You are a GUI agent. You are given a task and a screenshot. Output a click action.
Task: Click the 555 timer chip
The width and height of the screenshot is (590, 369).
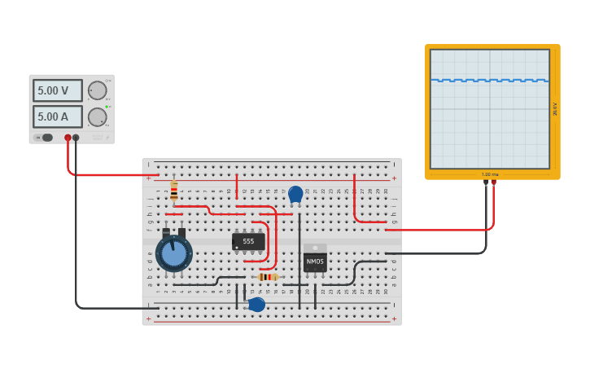248,241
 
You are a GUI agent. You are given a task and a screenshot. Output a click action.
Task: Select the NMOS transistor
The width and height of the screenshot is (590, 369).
315,262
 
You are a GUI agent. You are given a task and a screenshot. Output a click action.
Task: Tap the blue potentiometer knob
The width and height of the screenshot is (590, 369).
174,254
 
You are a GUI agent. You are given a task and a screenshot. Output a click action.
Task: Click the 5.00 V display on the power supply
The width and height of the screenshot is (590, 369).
58,90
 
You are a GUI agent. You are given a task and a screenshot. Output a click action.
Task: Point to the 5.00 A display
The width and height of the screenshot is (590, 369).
58,116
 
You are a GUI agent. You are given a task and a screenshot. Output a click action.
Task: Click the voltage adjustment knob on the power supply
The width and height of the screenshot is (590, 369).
97,90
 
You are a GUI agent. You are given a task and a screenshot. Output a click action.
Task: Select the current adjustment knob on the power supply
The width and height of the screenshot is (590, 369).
97,116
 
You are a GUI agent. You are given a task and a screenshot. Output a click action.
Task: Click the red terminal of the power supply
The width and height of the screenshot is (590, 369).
68,138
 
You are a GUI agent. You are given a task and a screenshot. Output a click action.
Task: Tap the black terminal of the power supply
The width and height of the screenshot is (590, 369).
76,138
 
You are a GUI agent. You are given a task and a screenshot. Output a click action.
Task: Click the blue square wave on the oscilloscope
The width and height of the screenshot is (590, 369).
489,81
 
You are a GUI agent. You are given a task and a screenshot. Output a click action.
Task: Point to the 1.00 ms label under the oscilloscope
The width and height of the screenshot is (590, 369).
490,174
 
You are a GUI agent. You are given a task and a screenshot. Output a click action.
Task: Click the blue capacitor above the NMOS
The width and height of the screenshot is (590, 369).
295,194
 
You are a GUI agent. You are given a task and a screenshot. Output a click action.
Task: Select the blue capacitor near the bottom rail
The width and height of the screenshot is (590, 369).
257,305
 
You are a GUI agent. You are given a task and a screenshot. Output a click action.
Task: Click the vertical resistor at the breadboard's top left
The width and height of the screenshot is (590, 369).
173,191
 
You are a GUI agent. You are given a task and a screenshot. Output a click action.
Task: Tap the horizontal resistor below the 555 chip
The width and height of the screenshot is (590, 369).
267,277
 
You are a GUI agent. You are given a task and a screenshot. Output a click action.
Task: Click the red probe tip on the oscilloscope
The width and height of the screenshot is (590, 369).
493,182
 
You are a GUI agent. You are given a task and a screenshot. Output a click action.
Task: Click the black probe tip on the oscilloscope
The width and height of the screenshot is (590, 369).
486,182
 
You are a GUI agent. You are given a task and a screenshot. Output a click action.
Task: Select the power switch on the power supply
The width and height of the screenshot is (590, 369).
47,138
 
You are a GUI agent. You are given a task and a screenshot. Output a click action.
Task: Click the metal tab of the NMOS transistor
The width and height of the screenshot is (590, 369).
315,248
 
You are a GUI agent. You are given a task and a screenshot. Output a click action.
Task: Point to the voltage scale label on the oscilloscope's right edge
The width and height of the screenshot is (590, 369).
555,108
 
